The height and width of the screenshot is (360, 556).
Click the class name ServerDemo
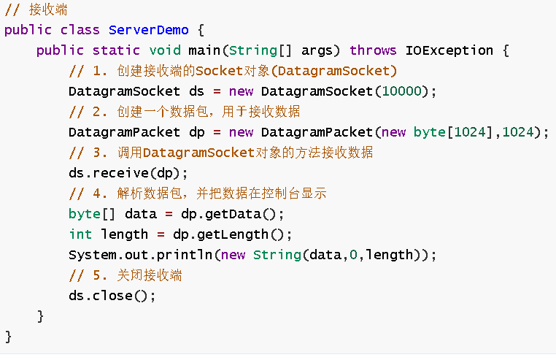(148, 30)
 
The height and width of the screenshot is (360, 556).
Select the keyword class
(80, 30)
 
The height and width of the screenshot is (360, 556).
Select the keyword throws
(373, 50)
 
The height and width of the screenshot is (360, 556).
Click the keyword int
(80, 234)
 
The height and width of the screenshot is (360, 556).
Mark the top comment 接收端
(36, 10)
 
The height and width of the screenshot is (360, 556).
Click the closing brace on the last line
(9, 337)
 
